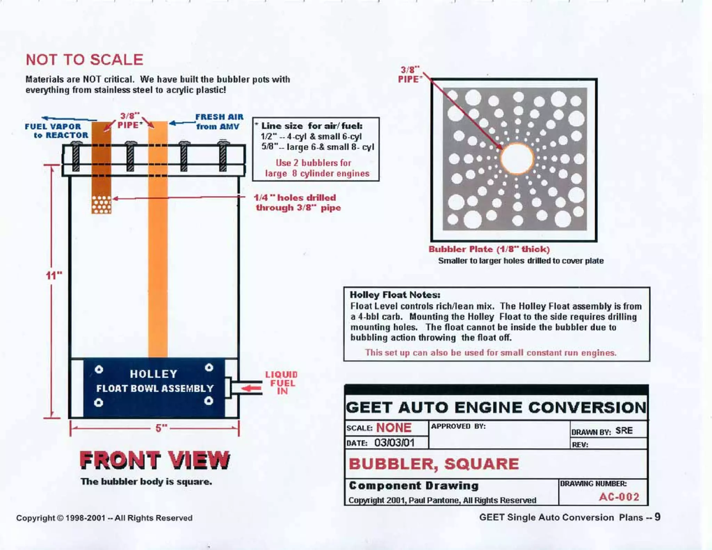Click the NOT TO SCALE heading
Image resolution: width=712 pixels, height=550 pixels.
pos(84,60)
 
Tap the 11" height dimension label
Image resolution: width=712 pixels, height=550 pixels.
pos(54,276)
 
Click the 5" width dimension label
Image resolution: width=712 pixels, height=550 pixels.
pos(161,428)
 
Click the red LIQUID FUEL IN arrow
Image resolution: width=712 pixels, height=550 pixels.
pos(251,388)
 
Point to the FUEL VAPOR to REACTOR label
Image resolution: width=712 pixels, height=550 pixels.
pos(56,131)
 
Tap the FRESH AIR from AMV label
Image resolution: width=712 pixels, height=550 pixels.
pos(219,122)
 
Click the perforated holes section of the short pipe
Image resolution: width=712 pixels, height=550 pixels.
pos(102,204)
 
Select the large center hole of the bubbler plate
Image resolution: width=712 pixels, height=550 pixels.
pos(517,159)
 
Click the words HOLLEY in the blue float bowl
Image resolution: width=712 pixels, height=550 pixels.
pos(154,374)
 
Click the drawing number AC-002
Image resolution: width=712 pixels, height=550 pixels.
pos(619,497)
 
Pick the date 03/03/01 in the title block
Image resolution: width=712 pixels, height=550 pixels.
pos(394,443)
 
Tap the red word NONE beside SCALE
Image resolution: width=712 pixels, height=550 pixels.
pos(394,428)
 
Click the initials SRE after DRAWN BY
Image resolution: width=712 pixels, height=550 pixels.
pos(624,431)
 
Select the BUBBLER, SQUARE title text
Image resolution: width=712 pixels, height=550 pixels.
pos(434,464)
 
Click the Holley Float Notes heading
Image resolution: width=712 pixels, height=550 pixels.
pos(395,295)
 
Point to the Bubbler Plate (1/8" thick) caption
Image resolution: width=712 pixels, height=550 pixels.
pos(489,249)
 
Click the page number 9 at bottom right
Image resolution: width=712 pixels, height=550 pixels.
pos(657,517)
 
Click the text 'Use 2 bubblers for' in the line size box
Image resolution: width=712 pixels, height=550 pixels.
pos(313,163)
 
